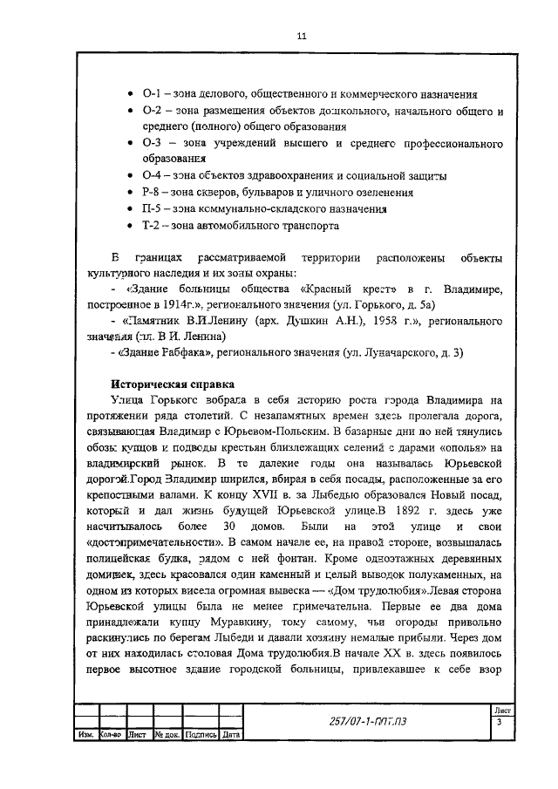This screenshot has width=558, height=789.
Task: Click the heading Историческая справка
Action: pos(172,383)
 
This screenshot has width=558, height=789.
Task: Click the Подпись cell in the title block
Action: pos(201,734)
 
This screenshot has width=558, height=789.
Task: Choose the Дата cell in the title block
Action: pos(230,734)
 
